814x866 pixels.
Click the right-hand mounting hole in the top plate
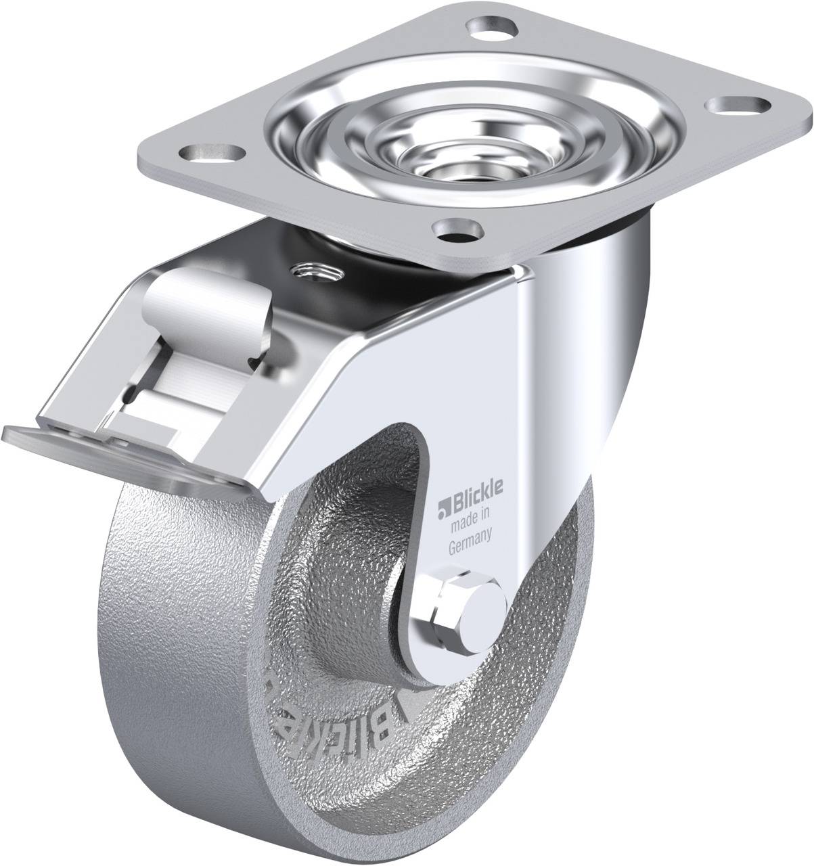743,106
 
